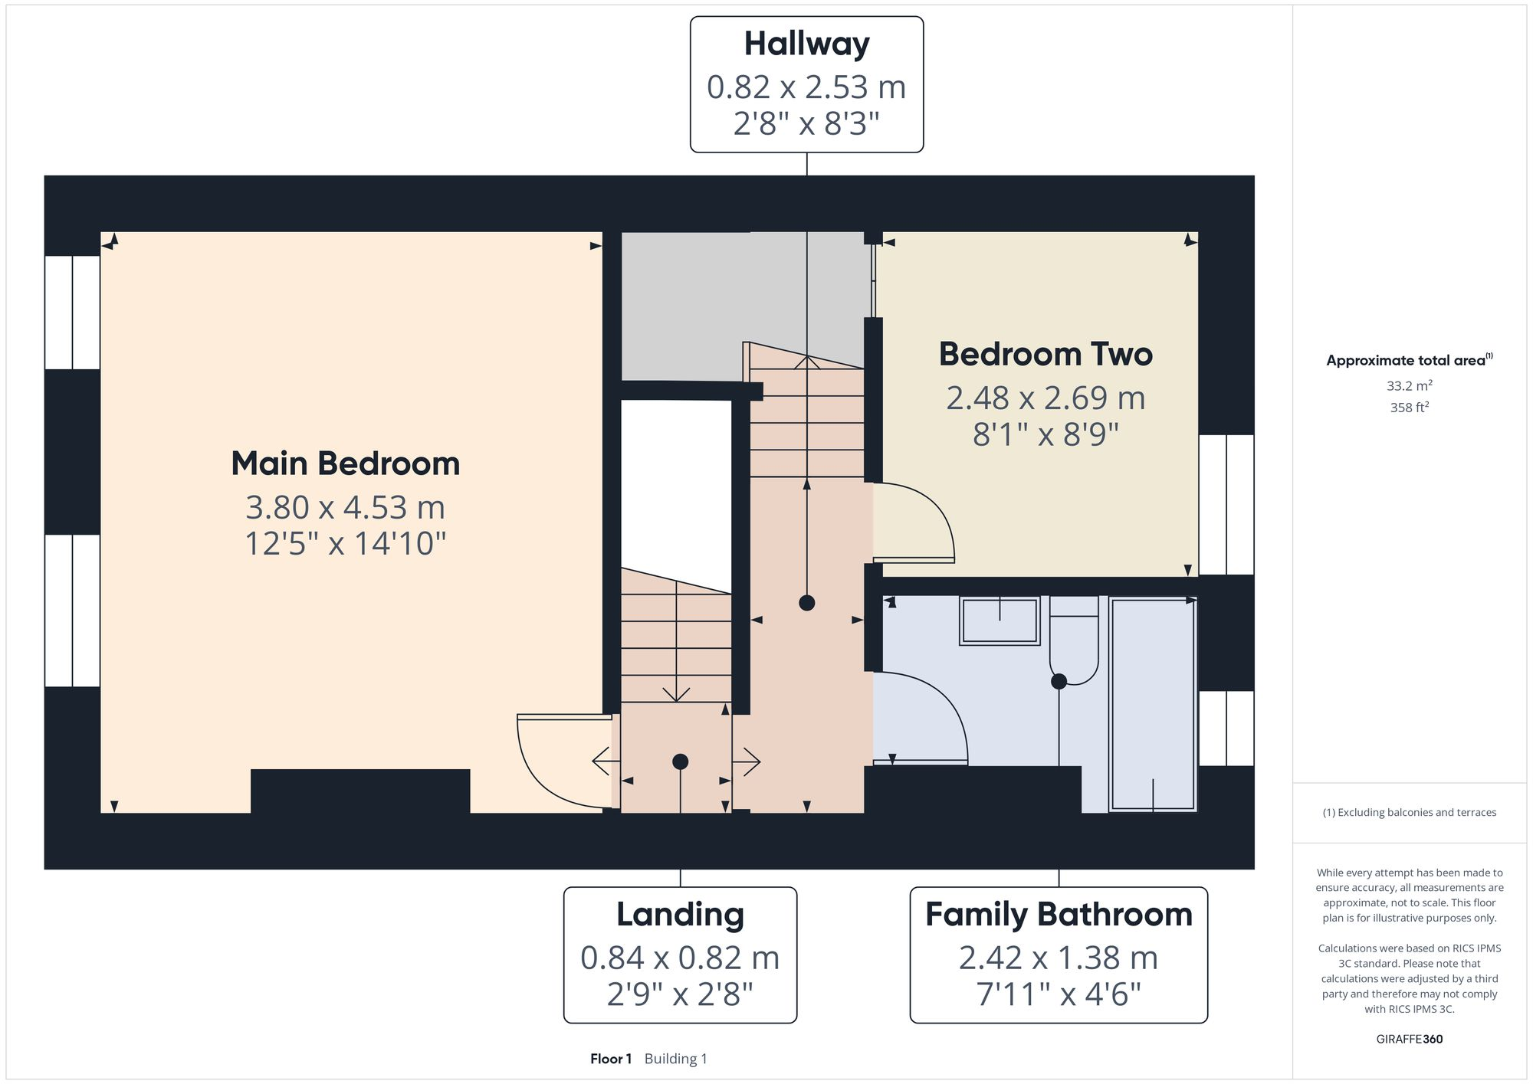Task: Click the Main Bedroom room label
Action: pos(345,464)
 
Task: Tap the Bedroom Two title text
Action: pos(1046,355)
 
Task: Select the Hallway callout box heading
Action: pos(806,44)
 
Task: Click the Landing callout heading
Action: pos(680,915)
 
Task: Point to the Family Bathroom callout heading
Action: pos(1059,915)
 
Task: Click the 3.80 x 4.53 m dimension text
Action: pos(345,507)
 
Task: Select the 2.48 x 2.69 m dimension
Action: pos(1046,398)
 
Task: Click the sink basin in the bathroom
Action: pos(1000,621)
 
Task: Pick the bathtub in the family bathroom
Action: pos(1153,705)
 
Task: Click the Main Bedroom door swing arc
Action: pos(556,762)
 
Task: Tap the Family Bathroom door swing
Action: pos(920,716)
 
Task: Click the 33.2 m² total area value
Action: pos(1409,386)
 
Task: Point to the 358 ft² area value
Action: pos(1409,408)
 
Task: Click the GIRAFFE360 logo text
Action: pos(1409,1040)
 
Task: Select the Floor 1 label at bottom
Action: pos(611,1059)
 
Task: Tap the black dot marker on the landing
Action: pos(680,761)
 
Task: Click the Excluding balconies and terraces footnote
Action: pos(1409,813)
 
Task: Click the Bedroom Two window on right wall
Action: pos(1226,505)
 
